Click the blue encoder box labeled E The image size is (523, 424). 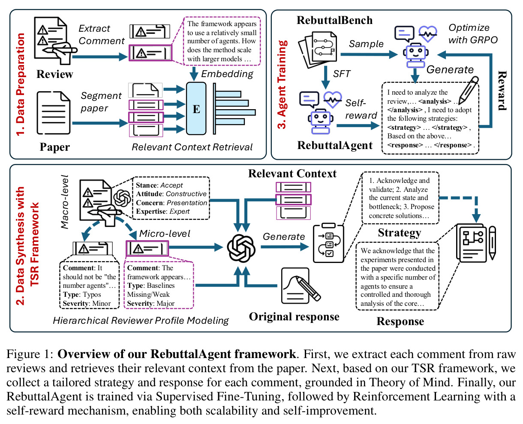[196, 108]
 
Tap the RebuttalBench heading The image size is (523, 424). [334, 20]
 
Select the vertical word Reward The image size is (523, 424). [502, 91]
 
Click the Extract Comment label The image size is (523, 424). [102, 35]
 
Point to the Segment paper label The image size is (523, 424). [101, 102]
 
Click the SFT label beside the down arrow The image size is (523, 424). [342, 74]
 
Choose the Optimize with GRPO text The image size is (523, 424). [473, 34]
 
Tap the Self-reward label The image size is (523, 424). [361, 109]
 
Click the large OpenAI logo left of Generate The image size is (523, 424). [241, 248]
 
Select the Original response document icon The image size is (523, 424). [300, 285]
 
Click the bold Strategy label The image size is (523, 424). [400, 233]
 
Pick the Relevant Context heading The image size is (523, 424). [292, 173]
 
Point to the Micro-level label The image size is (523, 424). [165, 233]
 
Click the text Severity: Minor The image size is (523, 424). [87, 303]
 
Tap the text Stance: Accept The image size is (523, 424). [159, 185]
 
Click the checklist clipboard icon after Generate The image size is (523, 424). [328, 243]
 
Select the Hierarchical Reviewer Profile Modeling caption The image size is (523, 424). [141, 320]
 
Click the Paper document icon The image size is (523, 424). [54, 113]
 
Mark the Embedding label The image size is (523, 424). [227, 74]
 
